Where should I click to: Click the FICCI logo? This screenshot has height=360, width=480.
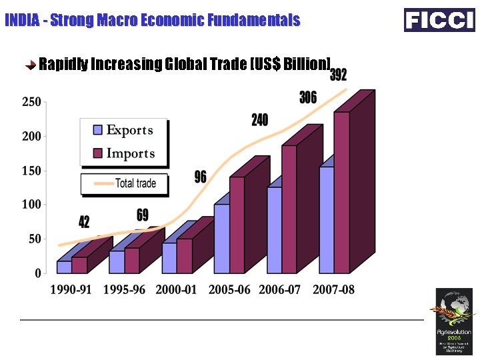pyautogui.click(x=439, y=20)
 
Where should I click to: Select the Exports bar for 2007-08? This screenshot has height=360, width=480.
pyautogui.click(x=327, y=220)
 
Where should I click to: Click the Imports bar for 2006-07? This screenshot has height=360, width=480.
pyautogui.click(x=289, y=209)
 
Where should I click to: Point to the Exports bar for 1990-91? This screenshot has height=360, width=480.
pyautogui.click(x=64, y=267)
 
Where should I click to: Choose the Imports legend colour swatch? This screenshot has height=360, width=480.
pyautogui.click(x=97, y=154)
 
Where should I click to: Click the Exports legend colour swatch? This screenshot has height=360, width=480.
pyautogui.click(x=97, y=130)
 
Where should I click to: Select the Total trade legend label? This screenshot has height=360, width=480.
pyautogui.click(x=136, y=183)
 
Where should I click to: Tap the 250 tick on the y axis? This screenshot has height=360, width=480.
pyautogui.click(x=32, y=102)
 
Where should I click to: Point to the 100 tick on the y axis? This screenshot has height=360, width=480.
pyautogui.click(x=32, y=204)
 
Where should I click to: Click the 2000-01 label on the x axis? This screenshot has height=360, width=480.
pyautogui.click(x=177, y=291)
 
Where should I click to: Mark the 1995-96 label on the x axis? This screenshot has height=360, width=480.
pyautogui.click(x=124, y=291)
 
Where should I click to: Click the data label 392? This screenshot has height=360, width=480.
pyautogui.click(x=339, y=75)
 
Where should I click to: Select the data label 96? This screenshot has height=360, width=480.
pyautogui.click(x=200, y=177)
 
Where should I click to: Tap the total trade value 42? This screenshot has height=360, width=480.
pyautogui.click(x=84, y=222)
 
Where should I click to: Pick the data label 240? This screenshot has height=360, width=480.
pyautogui.click(x=259, y=120)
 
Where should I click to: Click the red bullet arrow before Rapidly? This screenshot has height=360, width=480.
pyautogui.click(x=31, y=65)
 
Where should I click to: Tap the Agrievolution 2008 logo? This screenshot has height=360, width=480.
pyautogui.click(x=454, y=321)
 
